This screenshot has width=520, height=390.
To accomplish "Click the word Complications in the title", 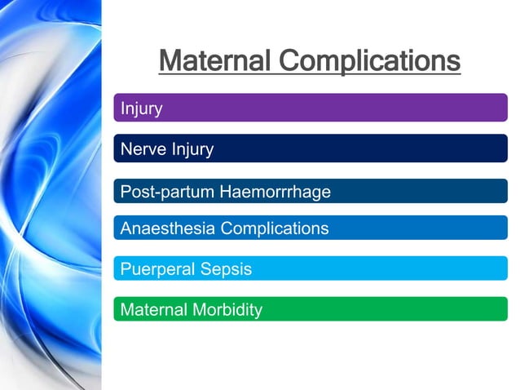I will [369, 60].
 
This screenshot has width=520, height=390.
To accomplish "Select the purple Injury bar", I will [310, 108].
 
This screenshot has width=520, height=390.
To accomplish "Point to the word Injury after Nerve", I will [192, 149].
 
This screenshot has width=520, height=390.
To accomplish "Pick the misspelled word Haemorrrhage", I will [275, 193].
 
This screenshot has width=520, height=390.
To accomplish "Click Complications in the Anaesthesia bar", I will [275, 228].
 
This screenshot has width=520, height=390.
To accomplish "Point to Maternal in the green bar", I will [153, 310].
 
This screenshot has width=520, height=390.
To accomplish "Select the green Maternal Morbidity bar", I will [367, 309].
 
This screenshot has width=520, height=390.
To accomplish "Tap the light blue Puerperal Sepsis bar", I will [367, 268].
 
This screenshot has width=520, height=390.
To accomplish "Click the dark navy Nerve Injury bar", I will [367, 148].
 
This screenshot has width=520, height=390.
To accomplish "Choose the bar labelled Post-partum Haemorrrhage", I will [408, 192].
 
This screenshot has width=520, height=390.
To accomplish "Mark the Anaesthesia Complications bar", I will [408, 228].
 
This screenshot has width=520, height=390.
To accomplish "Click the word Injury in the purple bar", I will [141, 109].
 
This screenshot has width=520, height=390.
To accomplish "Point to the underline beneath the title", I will [310, 74].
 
